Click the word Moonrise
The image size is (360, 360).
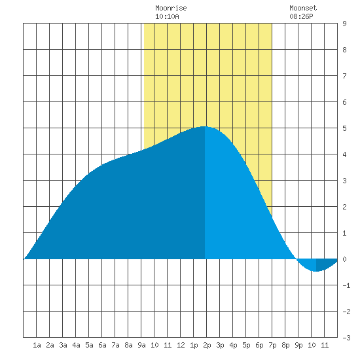click(x=171, y=8)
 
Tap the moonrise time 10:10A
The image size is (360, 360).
click(x=167, y=16)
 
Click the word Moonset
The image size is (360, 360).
click(x=303, y=8)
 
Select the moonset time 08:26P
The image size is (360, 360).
click(x=301, y=16)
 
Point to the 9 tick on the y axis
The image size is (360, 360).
click(x=344, y=24)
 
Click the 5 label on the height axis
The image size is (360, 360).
click(x=344, y=128)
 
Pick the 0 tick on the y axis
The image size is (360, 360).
click(x=344, y=259)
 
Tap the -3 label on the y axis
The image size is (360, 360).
click(x=346, y=338)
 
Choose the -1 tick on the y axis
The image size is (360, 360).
click(x=346, y=285)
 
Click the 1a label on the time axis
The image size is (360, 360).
click(x=37, y=345)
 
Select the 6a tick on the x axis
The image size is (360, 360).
click(x=102, y=345)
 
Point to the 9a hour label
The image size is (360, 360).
click(x=141, y=345)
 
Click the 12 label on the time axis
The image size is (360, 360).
click(x=181, y=345)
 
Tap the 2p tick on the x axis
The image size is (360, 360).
click(x=207, y=345)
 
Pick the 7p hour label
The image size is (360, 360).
click(x=272, y=345)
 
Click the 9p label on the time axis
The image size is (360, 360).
click(x=298, y=345)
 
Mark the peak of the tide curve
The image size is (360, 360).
click(x=204, y=126)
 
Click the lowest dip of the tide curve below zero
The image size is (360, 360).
click(x=316, y=272)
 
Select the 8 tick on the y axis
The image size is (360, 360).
click(x=344, y=50)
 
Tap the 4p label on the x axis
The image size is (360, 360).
click(x=233, y=345)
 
